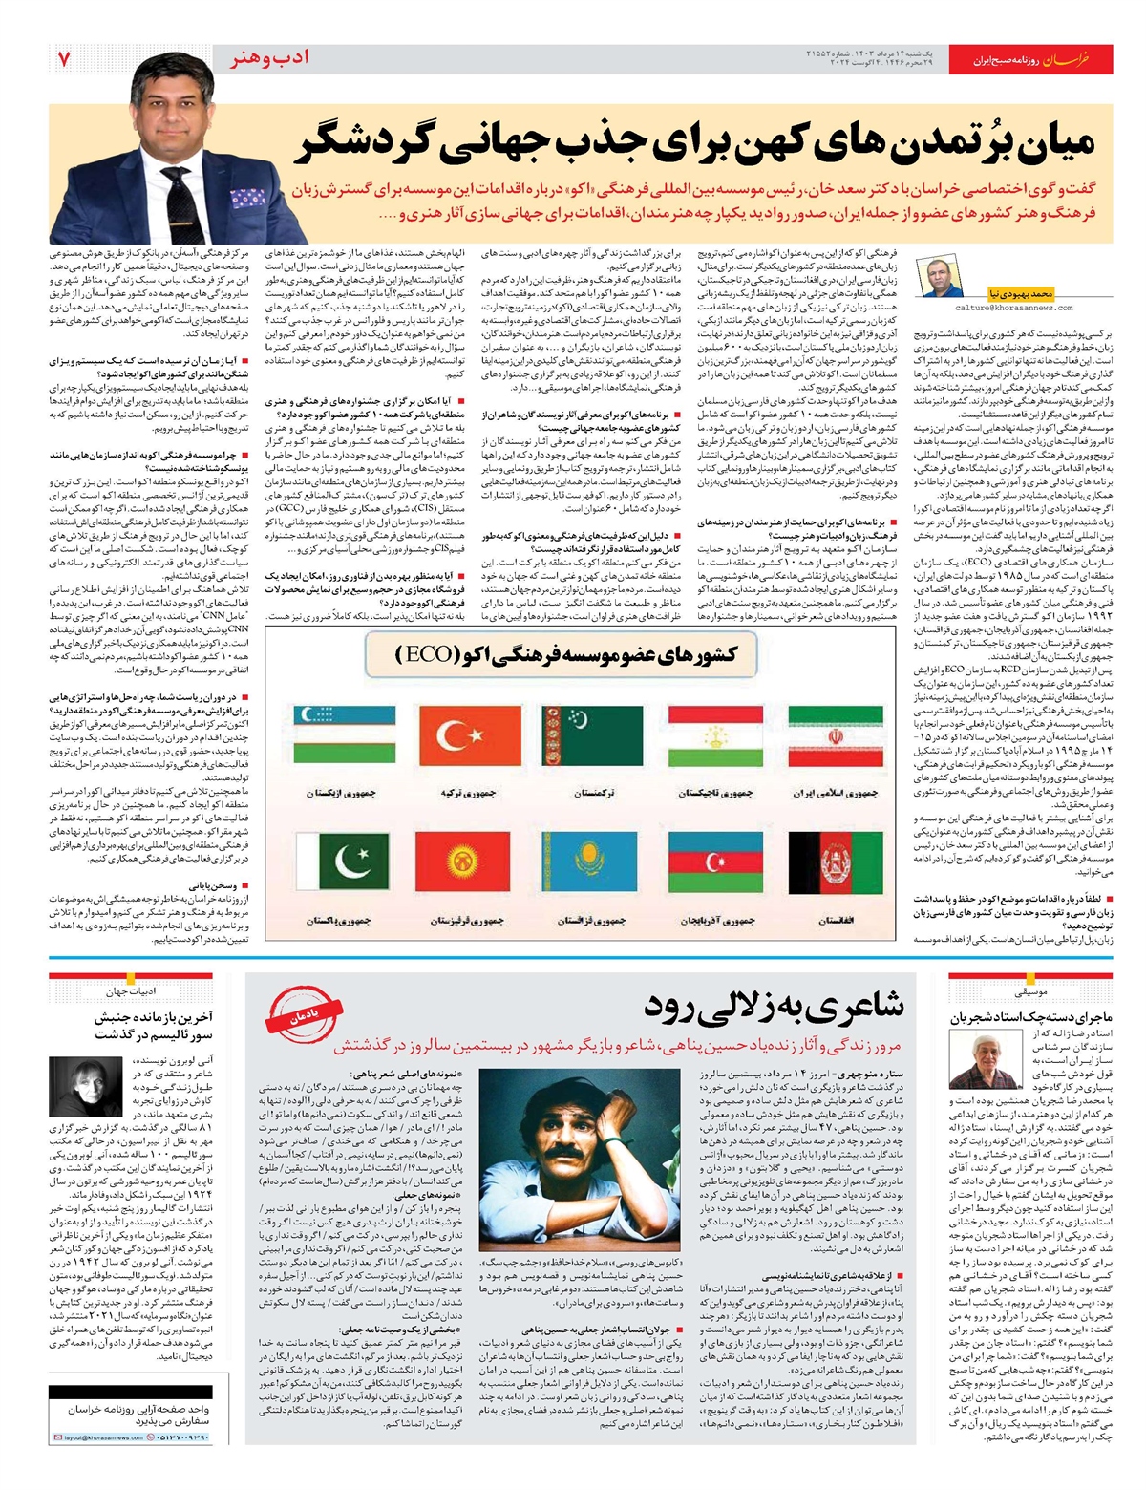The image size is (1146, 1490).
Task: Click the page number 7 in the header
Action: tap(64, 59)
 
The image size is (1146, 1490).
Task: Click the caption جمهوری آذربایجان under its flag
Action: tap(717, 921)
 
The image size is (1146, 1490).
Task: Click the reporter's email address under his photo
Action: tap(1013, 308)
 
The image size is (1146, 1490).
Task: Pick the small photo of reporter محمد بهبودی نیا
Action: tap(941, 277)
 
